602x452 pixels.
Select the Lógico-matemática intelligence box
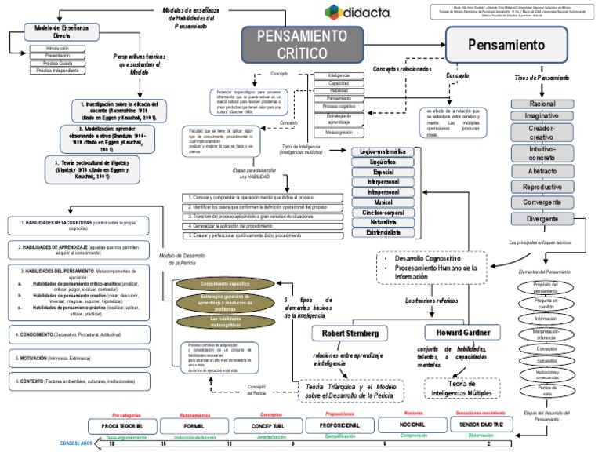point(383,150)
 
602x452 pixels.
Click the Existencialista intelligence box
point(383,233)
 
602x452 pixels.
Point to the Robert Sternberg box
point(350,334)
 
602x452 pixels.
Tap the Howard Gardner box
point(461,334)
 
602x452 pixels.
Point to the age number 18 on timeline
point(112,444)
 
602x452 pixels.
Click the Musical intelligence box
point(383,202)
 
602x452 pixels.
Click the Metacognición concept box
point(339,133)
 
